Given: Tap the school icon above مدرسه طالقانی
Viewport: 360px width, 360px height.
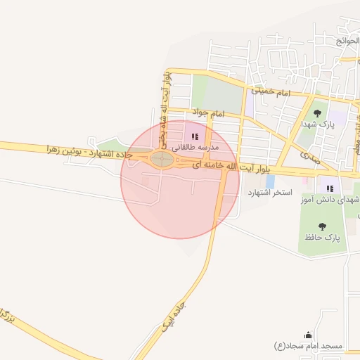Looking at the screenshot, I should tap(195, 136).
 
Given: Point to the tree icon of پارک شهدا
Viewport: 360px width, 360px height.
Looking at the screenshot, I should tap(318, 112).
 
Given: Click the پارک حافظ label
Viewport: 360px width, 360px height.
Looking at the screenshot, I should tap(323, 238).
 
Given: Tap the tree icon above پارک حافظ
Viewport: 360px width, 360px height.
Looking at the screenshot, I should tap(323, 226).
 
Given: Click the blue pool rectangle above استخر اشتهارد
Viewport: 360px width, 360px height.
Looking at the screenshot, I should tap(270, 182).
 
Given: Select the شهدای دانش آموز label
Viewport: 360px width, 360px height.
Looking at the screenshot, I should tap(326, 200).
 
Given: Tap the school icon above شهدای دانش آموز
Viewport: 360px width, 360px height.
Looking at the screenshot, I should tap(329, 188).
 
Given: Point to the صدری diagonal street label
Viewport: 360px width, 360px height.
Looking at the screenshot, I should tap(307, 155).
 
